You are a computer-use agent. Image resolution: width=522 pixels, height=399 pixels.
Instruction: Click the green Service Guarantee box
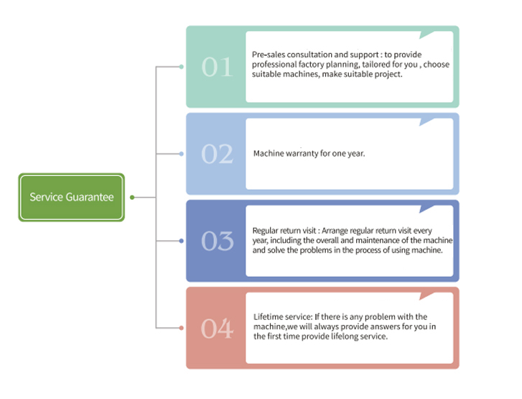(71, 197)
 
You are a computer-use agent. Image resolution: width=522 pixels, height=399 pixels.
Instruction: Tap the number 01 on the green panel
(217, 68)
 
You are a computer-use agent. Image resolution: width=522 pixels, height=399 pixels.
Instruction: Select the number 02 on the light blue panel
(217, 155)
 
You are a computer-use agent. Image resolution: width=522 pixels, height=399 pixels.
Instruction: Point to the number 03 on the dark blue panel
(217, 242)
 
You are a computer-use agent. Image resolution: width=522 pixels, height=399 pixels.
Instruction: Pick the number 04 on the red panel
(217, 329)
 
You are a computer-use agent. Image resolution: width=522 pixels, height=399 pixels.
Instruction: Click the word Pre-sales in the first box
(269, 55)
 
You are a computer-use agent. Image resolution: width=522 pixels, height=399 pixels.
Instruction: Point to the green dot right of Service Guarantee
(131, 197)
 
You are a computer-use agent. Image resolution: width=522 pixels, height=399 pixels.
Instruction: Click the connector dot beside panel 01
(181, 67)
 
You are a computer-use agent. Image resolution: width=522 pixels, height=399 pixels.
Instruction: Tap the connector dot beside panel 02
(181, 154)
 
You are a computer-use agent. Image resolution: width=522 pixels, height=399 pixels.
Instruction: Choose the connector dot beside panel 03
(181, 241)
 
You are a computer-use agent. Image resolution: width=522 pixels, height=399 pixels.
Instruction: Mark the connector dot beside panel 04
(181, 328)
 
